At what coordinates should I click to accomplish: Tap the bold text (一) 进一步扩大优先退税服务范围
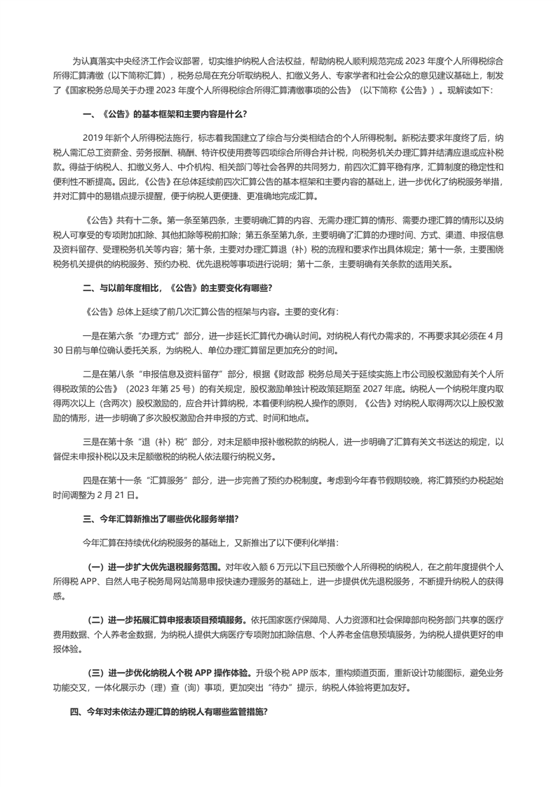154,565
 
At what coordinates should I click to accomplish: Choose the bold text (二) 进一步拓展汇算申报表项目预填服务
166,619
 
